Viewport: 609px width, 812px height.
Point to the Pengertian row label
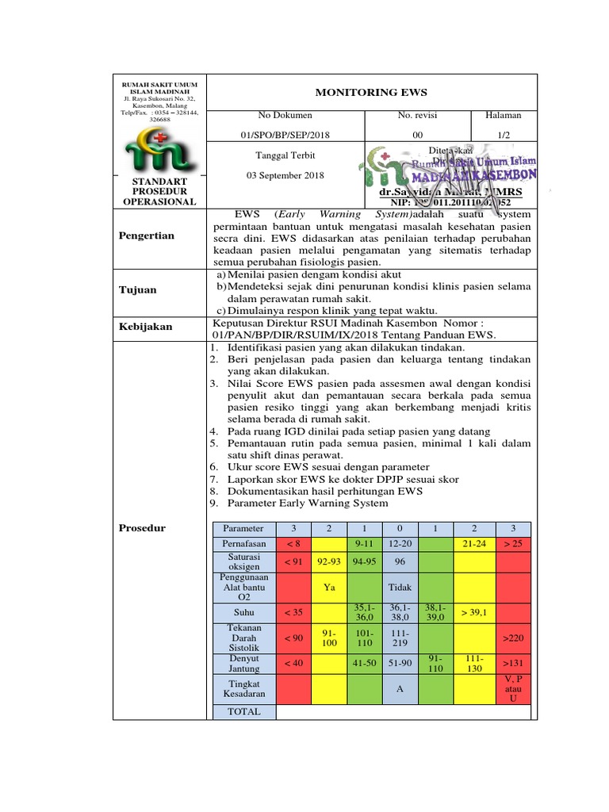click(x=147, y=236)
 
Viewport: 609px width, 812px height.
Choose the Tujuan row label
click(x=138, y=289)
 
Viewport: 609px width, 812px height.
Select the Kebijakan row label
click(x=145, y=327)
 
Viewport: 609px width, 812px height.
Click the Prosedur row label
click(x=144, y=527)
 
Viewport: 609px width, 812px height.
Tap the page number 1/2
click(x=504, y=136)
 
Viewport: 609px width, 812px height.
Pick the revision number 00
click(x=418, y=136)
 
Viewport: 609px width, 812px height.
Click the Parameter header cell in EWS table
click(x=243, y=528)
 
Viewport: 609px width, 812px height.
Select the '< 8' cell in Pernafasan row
click(x=293, y=544)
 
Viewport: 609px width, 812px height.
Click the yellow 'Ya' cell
click(x=328, y=588)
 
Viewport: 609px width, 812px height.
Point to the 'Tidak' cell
click(x=400, y=588)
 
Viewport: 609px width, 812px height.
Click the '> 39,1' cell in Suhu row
click(x=473, y=613)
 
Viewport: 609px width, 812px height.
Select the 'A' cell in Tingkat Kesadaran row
click(x=400, y=688)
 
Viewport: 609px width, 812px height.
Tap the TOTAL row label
click(x=243, y=712)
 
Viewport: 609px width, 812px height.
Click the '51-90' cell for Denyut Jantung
click(x=400, y=662)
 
